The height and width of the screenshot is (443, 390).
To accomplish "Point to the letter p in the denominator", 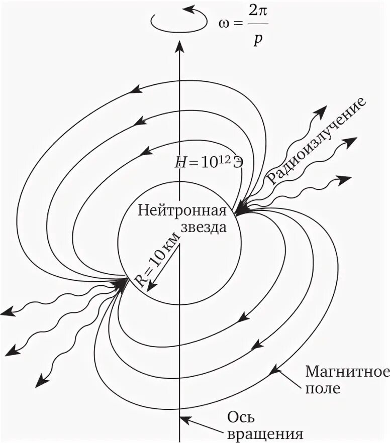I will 257,40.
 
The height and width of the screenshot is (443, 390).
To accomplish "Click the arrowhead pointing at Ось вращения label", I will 184,418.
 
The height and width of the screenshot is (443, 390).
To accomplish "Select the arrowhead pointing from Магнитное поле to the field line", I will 274,372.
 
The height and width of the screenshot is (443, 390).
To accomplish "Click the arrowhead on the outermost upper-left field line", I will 135,89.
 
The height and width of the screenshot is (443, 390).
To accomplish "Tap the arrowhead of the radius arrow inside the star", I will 148,287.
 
